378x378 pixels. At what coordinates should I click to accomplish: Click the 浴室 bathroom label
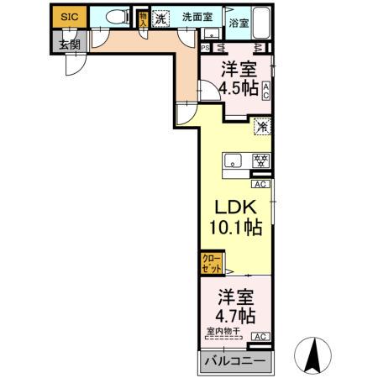(x=239, y=24)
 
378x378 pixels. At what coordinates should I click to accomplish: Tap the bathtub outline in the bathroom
(x=258, y=20)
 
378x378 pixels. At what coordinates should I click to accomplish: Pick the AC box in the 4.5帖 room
(x=265, y=91)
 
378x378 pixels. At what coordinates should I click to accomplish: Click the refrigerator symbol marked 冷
(x=262, y=128)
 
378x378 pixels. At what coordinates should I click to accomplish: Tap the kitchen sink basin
(x=232, y=160)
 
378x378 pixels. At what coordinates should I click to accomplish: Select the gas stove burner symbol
(x=261, y=160)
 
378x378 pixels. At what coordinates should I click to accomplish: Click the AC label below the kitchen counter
(x=260, y=184)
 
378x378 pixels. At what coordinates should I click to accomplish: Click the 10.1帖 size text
(x=234, y=228)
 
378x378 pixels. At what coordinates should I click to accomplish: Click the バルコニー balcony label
(x=235, y=361)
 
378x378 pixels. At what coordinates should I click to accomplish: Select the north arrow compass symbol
(x=312, y=355)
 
